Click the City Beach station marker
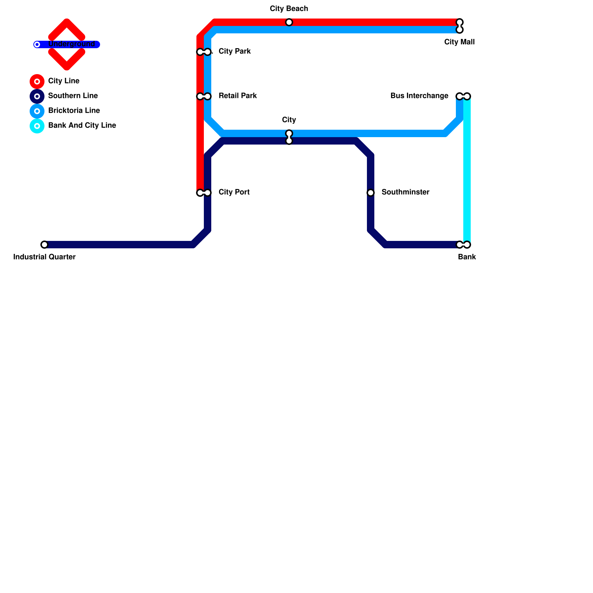289,22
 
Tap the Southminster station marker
371,193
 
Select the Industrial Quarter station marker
44,245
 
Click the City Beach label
289,9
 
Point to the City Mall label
459,42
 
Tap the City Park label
235,52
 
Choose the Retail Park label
238,96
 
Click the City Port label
234,192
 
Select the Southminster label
405,192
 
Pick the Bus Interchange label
419,96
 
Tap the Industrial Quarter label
44,257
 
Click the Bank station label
467,257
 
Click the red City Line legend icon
37,82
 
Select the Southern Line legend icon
37,96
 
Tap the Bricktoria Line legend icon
37,111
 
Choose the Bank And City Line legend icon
37,126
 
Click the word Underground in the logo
72,44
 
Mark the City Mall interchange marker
460,26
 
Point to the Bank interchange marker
463,245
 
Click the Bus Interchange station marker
463,96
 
